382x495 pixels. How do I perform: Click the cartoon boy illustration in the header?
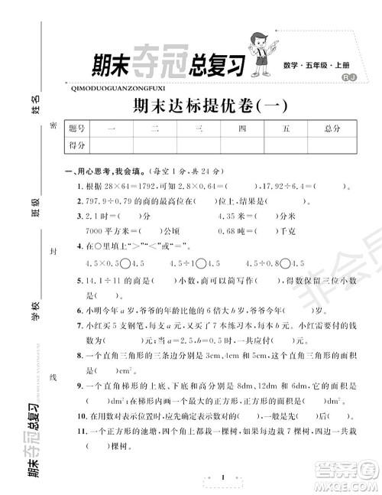276,48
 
